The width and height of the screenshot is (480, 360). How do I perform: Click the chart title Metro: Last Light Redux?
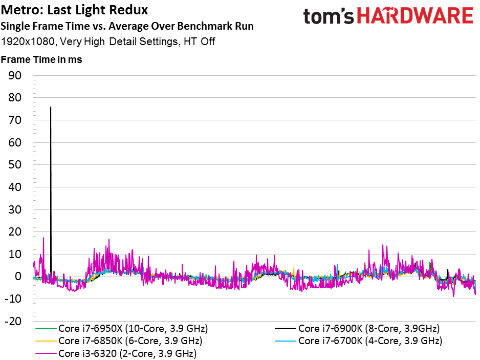[74, 10]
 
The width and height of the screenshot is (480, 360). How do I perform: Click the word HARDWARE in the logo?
[415, 16]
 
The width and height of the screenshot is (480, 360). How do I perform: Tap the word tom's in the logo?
[329, 16]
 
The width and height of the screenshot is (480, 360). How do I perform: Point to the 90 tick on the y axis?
[15, 75]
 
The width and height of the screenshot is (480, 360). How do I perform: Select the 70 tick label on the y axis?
[15, 120]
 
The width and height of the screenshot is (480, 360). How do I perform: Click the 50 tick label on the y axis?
[15, 165]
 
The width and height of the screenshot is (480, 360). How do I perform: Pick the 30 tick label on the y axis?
[15, 209]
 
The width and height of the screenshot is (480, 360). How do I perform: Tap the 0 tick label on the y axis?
[18, 277]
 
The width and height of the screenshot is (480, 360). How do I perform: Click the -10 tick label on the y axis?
[13, 299]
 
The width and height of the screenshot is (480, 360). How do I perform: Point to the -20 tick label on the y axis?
[13, 322]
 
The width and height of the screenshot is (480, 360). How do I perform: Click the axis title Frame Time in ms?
[41, 59]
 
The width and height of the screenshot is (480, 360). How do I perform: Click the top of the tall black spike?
[51, 107]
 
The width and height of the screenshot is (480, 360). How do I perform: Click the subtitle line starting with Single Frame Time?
[127, 26]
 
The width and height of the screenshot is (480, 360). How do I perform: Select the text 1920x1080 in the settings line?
[28, 41]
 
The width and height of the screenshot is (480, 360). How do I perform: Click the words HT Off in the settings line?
[199, 41]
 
